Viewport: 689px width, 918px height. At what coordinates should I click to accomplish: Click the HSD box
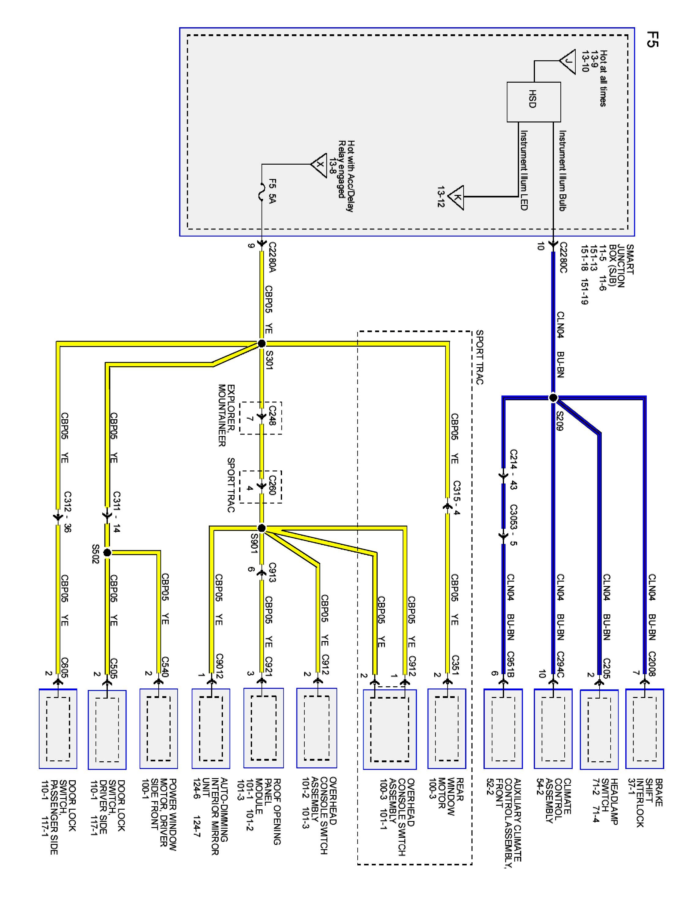pyautogui.click(x=533, y=102)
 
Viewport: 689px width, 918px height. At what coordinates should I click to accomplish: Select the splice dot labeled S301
pyautogui.click(x=261, y=343)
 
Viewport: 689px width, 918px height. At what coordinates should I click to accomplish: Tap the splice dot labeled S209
pyautogui.click(x=553, y=397)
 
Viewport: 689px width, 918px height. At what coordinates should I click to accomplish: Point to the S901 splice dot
pyautogui.click(x=261, y=528)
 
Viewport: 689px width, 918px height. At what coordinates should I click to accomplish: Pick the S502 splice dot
pyautogui.click(x=107, y=552)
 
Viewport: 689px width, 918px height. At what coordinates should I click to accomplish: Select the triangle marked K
pyautogui.click(x=457, y=197)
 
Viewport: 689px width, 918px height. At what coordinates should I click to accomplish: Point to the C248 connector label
pyautogui.click(x=272, y=416)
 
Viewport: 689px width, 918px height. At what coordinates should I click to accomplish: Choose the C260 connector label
pyautogui.click(x=272, y=484)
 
